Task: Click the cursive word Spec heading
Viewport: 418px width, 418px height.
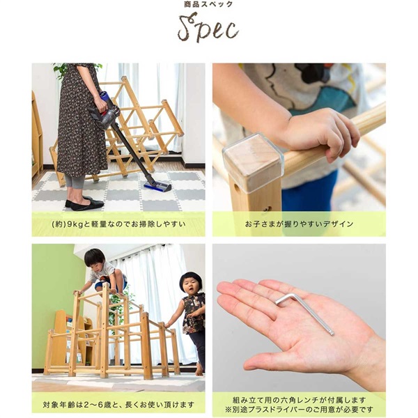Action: tap(208, 29)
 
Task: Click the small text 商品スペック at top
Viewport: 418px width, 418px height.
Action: tap(209, 5)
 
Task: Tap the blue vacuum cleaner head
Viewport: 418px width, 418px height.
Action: tap(157, 187)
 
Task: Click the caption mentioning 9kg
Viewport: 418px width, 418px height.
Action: tap(118, 224)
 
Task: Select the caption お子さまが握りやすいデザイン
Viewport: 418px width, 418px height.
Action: tap(299, 224)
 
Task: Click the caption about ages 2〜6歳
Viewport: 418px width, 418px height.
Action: tap(118, 403)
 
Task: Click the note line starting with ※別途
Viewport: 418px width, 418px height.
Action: tap(299, 409)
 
